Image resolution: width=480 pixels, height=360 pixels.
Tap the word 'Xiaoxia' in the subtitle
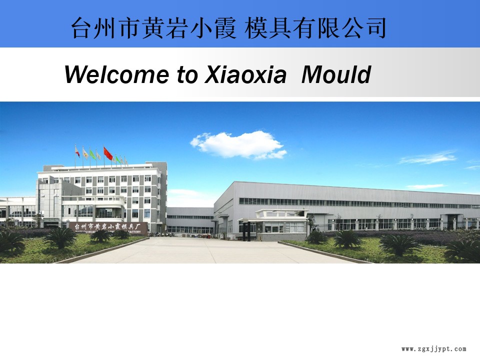click(245, 75)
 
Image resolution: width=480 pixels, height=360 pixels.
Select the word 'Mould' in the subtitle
click(336, 75)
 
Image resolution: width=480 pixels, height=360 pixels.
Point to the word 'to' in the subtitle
click(187, 75)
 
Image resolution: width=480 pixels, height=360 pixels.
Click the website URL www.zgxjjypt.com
click(433, 349)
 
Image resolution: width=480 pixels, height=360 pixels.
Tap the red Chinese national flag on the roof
click(108, 153)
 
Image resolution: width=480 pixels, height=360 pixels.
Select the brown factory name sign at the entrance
click(108, 226)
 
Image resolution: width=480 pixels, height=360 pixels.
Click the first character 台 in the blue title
click(81, 28)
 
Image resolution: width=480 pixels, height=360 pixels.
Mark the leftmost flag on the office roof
click(77, 151)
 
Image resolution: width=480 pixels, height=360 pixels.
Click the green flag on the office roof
click(92, 153)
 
